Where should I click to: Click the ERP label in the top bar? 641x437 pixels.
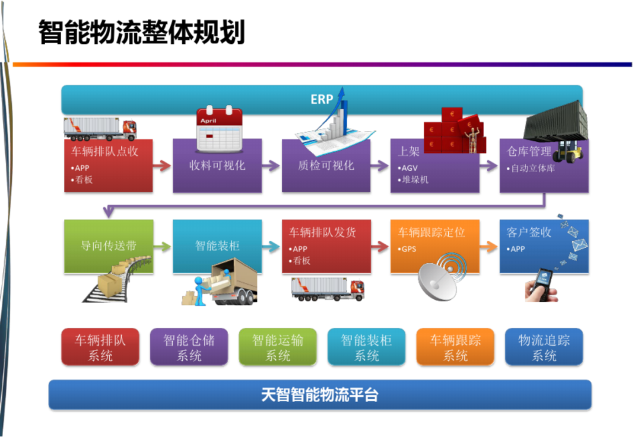322,100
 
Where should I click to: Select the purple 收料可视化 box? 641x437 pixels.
217,166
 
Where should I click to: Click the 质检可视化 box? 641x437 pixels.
326,166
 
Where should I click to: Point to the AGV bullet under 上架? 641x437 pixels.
410,168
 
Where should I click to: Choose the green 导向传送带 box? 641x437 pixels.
109,246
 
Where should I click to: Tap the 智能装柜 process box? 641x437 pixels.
217,245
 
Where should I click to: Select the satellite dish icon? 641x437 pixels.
440,279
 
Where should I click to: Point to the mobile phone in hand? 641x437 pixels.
541,283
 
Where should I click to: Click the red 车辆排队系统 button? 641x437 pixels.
100,347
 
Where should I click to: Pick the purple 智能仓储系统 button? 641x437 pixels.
189,347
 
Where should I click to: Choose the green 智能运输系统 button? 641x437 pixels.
278,347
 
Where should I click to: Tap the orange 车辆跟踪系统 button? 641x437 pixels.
455,347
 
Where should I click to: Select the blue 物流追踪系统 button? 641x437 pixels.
544,347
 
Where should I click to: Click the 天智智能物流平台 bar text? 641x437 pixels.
320,395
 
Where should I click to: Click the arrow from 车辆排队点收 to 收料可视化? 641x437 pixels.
162,166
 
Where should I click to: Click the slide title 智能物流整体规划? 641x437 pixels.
142,32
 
